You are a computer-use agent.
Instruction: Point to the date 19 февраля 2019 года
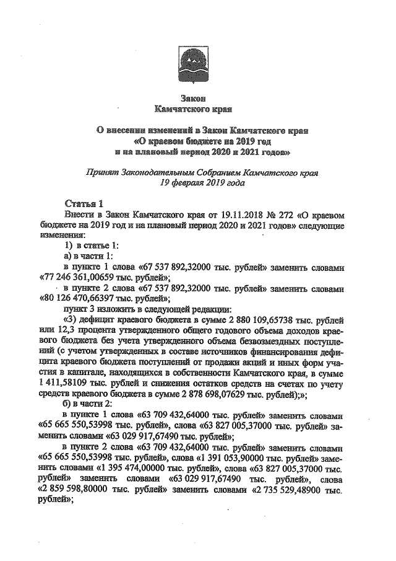[x=194, y=183]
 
